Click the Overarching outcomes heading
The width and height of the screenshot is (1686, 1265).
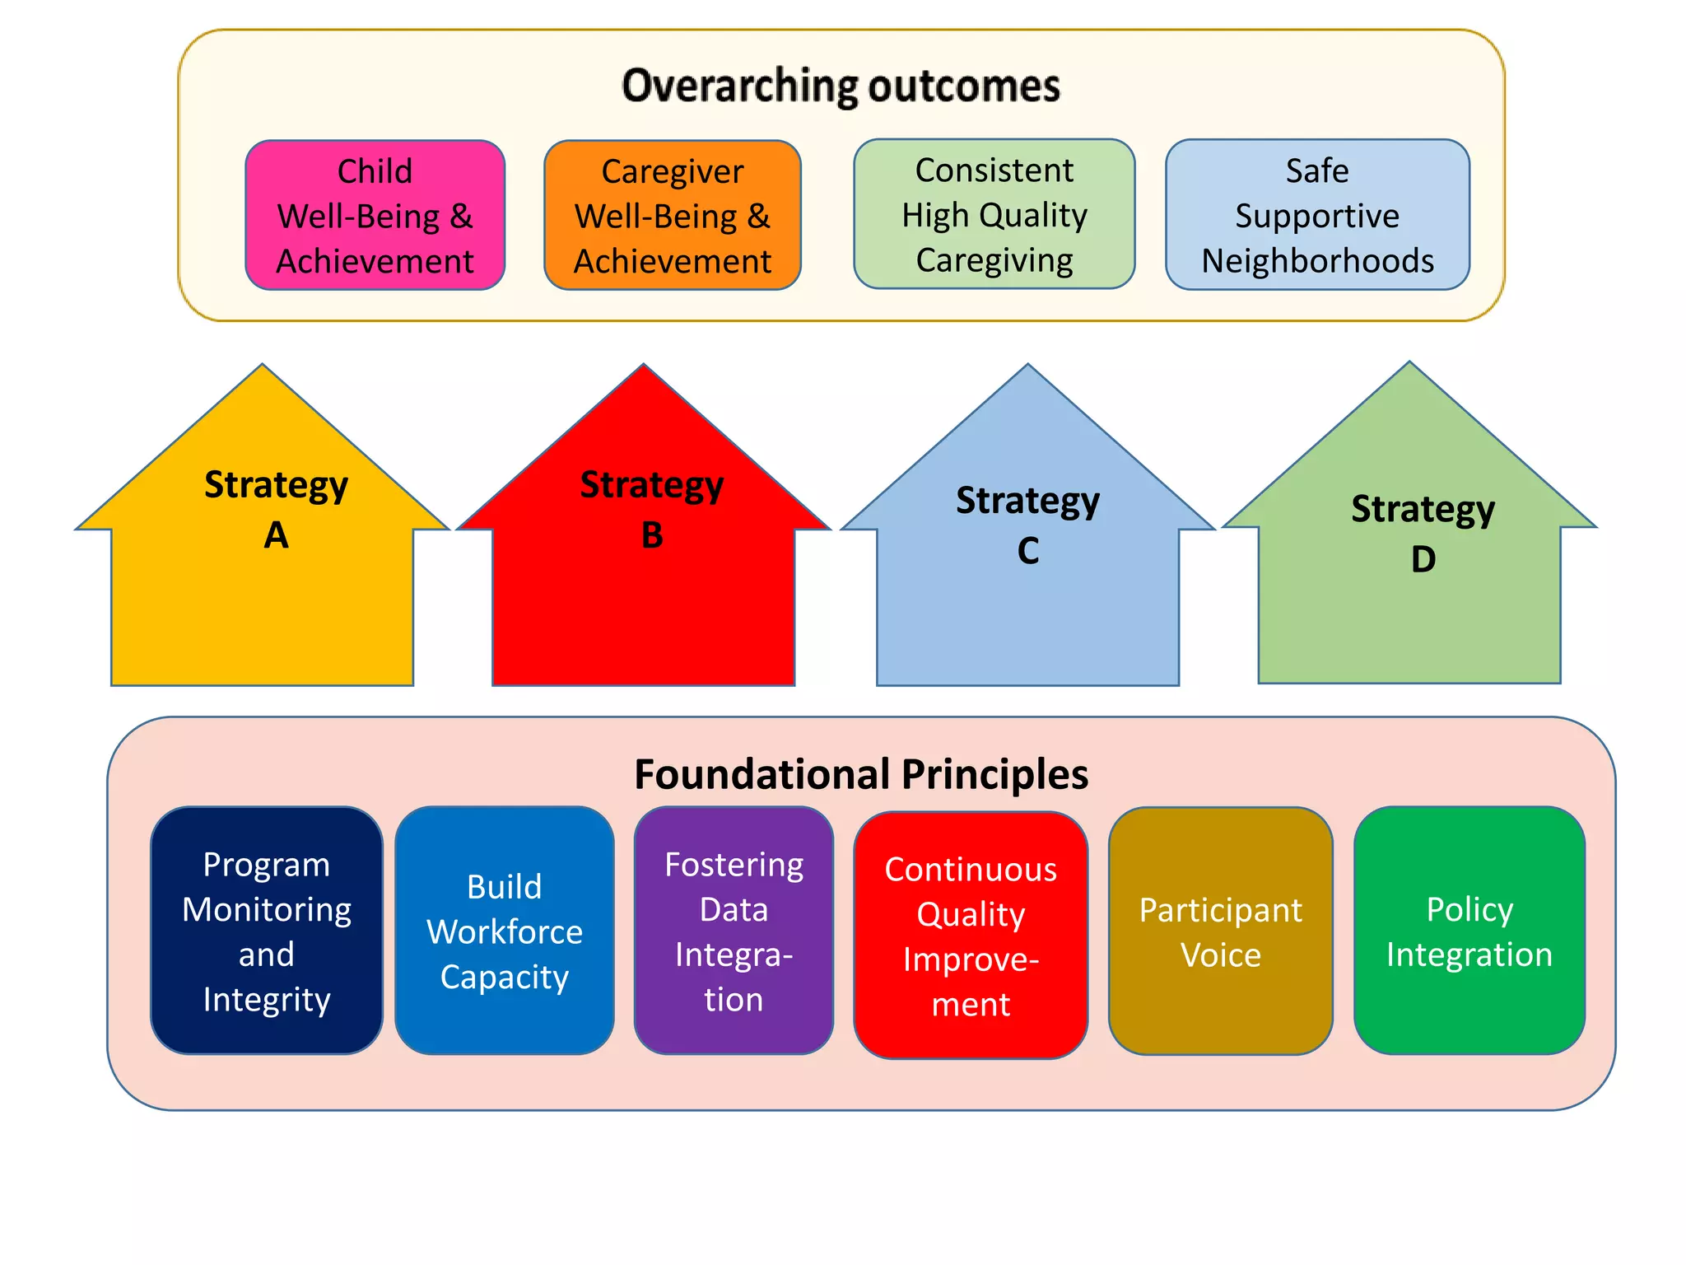point(841,86)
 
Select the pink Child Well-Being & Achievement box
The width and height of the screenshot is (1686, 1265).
point(375,216)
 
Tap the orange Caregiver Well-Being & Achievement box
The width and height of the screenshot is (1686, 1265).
point(672,216)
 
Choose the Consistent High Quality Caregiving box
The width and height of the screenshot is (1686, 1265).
point(994,215)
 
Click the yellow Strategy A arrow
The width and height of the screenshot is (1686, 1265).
point(263,593)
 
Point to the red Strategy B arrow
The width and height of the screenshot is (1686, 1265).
point(643,593)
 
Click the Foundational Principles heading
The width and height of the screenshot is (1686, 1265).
point(861,774)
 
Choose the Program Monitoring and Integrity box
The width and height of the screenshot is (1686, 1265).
point(267,931)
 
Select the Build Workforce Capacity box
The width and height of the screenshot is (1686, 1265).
point(505,931)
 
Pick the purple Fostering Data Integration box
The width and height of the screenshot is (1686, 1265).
point(734,931)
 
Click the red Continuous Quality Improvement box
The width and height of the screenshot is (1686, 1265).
point(971,936)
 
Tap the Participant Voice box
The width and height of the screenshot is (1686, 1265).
point(1220,931)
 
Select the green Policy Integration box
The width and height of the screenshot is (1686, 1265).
point(1469,931)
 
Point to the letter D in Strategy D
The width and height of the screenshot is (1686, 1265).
point(1423,560)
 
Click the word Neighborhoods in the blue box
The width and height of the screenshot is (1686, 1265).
point(1317,261)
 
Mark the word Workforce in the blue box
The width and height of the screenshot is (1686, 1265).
point(505,932)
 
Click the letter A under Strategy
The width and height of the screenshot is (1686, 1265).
point(277,536)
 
